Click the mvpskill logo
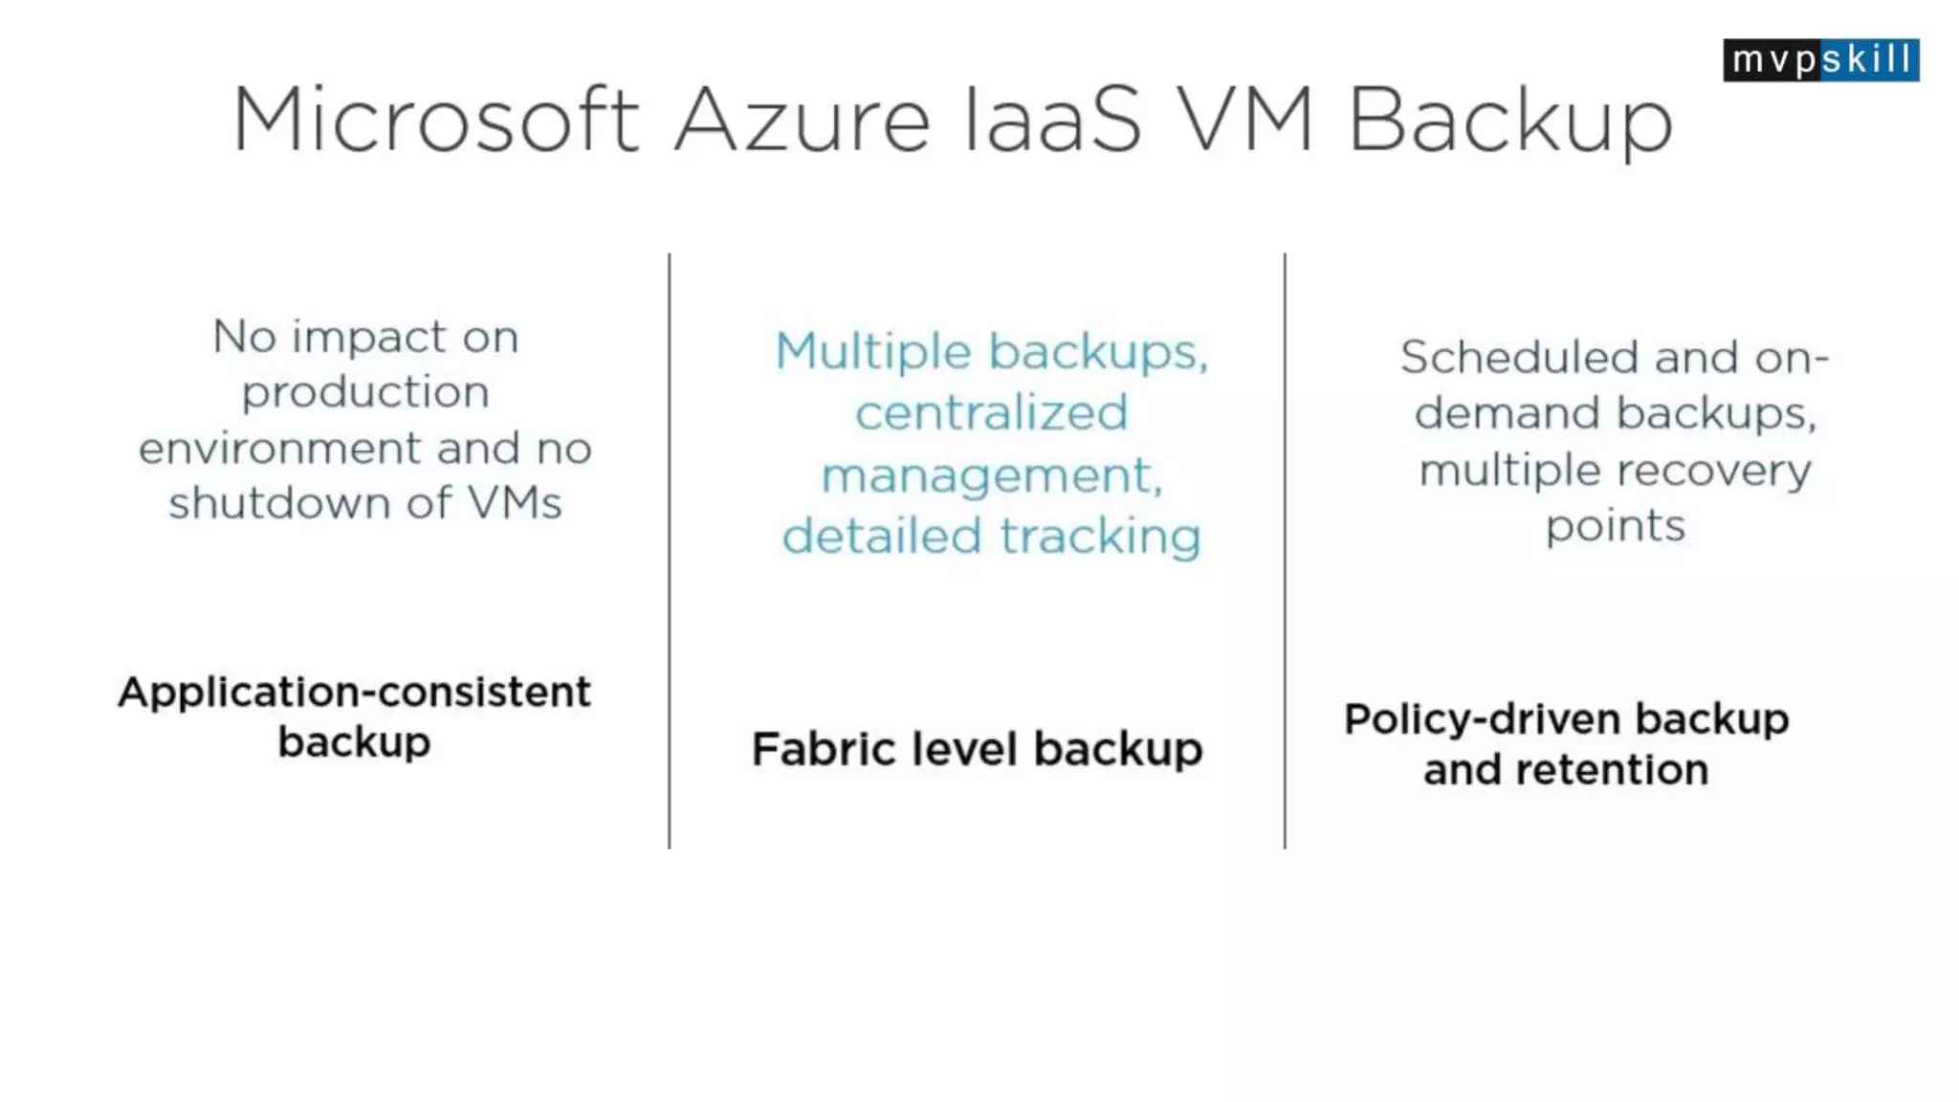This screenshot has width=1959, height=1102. pos(1820,60)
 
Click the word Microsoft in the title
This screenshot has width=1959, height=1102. pos(435,120)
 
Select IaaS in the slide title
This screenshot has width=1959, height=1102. pos(1052,120)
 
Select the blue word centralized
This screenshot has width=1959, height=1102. pos(991,413)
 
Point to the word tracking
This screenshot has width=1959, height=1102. pos(1100,536)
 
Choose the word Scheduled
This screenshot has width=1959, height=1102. pos(1519,358)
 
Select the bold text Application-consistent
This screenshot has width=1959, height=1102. pos(354,692)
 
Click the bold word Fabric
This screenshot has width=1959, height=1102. pos(824,749)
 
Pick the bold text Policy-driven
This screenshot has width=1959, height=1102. pos(1483,719)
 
